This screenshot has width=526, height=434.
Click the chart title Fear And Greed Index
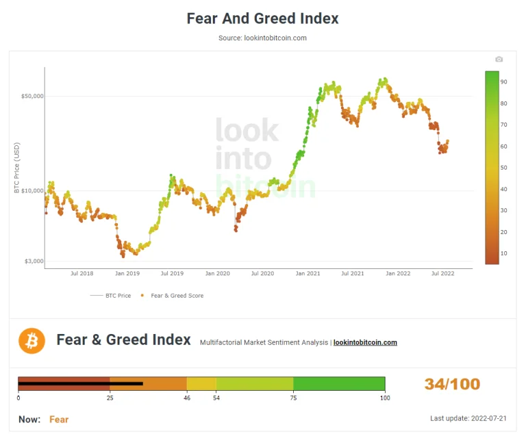tap(262, 18)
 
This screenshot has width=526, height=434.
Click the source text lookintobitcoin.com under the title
tap(262, 38)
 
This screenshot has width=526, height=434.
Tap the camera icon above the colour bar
tap(499, 60)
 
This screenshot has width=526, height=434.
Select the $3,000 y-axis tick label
tap(32, 261)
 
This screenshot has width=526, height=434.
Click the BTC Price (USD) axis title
tap(17, 168)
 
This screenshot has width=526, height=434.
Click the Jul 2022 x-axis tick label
tap(442, 273)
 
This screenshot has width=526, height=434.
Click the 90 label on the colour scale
tap(503, 81)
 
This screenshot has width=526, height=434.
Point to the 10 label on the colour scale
tap(503, 253)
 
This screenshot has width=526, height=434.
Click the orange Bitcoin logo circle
tap(32, 340)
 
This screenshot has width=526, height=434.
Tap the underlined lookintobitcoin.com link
tap(365, 342)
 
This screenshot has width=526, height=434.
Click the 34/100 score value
tap(452, 384)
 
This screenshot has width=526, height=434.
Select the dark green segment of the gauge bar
tap(339, 383)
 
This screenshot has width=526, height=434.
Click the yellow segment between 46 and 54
tap(201, 383)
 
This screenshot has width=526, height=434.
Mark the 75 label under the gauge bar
tap(293, 398)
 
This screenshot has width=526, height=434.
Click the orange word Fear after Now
tap(59, 419)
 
